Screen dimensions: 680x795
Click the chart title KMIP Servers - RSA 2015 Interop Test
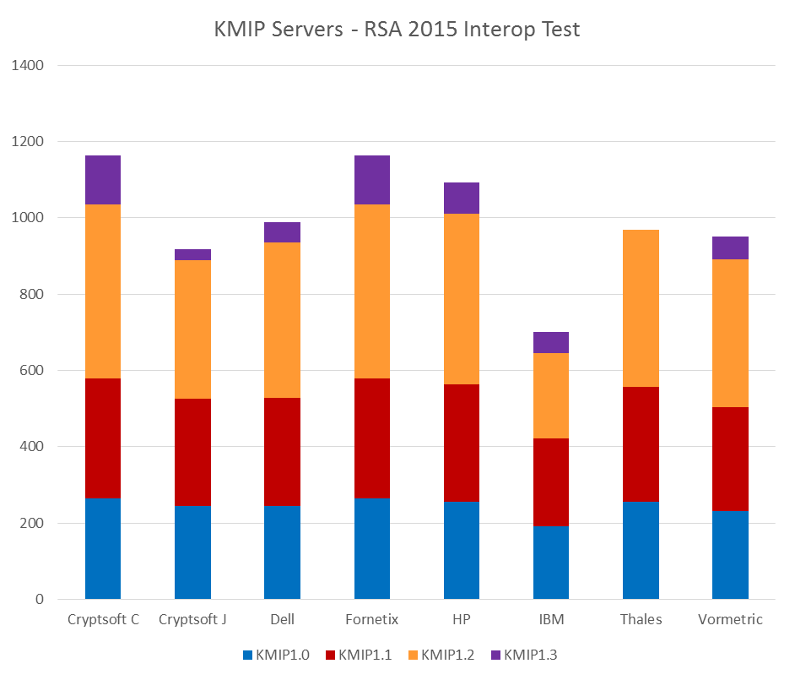397,30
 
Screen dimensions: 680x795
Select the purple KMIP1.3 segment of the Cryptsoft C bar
103,180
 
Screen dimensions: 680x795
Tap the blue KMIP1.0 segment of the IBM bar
551,563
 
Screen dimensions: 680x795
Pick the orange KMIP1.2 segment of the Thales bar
641,308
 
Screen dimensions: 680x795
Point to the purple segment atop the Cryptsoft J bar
192,254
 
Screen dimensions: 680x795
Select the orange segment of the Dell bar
282,320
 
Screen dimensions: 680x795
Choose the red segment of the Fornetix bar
372,438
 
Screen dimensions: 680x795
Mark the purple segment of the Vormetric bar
730,248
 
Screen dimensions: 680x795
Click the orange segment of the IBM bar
551,395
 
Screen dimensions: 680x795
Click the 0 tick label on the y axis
39,600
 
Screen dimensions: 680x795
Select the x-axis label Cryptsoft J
192,619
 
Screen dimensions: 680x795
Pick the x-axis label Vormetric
730,619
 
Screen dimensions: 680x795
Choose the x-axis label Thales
641,619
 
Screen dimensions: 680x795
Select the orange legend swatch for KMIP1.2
413,655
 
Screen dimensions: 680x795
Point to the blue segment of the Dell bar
282,552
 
